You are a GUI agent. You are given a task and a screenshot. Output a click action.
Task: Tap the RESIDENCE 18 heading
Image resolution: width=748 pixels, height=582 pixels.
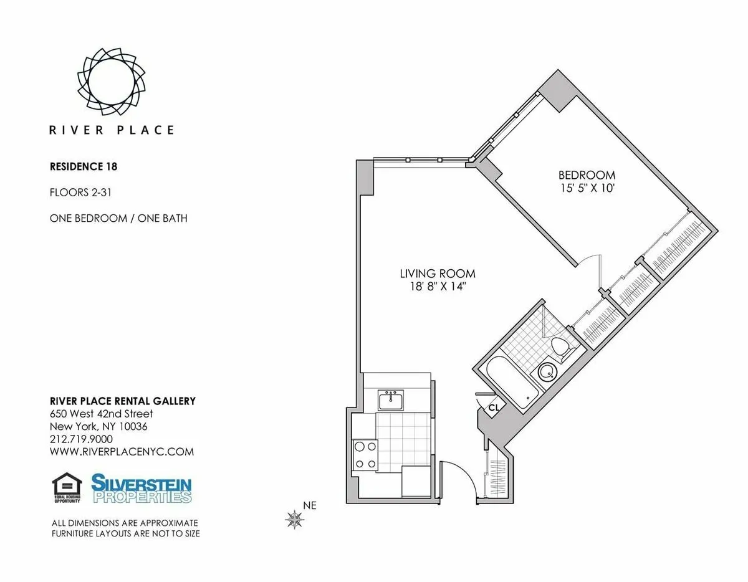[84, 167]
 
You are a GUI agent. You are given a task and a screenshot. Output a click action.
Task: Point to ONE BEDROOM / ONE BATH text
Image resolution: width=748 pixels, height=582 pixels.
[118, 218]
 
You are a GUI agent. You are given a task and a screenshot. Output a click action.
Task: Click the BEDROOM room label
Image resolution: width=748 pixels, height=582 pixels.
[587, 175]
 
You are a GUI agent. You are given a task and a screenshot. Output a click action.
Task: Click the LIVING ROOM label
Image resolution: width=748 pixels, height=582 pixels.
[438, 274]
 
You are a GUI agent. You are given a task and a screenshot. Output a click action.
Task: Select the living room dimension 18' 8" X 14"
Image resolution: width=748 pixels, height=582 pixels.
[438, 286]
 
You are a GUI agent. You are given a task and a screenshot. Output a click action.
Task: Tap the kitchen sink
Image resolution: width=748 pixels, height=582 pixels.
[391, 399]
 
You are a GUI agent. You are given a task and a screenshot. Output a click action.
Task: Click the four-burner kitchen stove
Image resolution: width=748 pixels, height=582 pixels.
[364, 454]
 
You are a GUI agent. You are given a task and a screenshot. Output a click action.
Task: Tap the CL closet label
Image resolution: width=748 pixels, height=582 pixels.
[493, 408]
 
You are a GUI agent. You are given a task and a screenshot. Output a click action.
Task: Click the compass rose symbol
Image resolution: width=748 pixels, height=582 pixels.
[294, 518]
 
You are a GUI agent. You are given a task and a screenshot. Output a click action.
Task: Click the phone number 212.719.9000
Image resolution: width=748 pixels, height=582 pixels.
[81, 439]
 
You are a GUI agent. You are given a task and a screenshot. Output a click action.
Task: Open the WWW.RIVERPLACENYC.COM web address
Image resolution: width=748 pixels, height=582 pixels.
[122, 452]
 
